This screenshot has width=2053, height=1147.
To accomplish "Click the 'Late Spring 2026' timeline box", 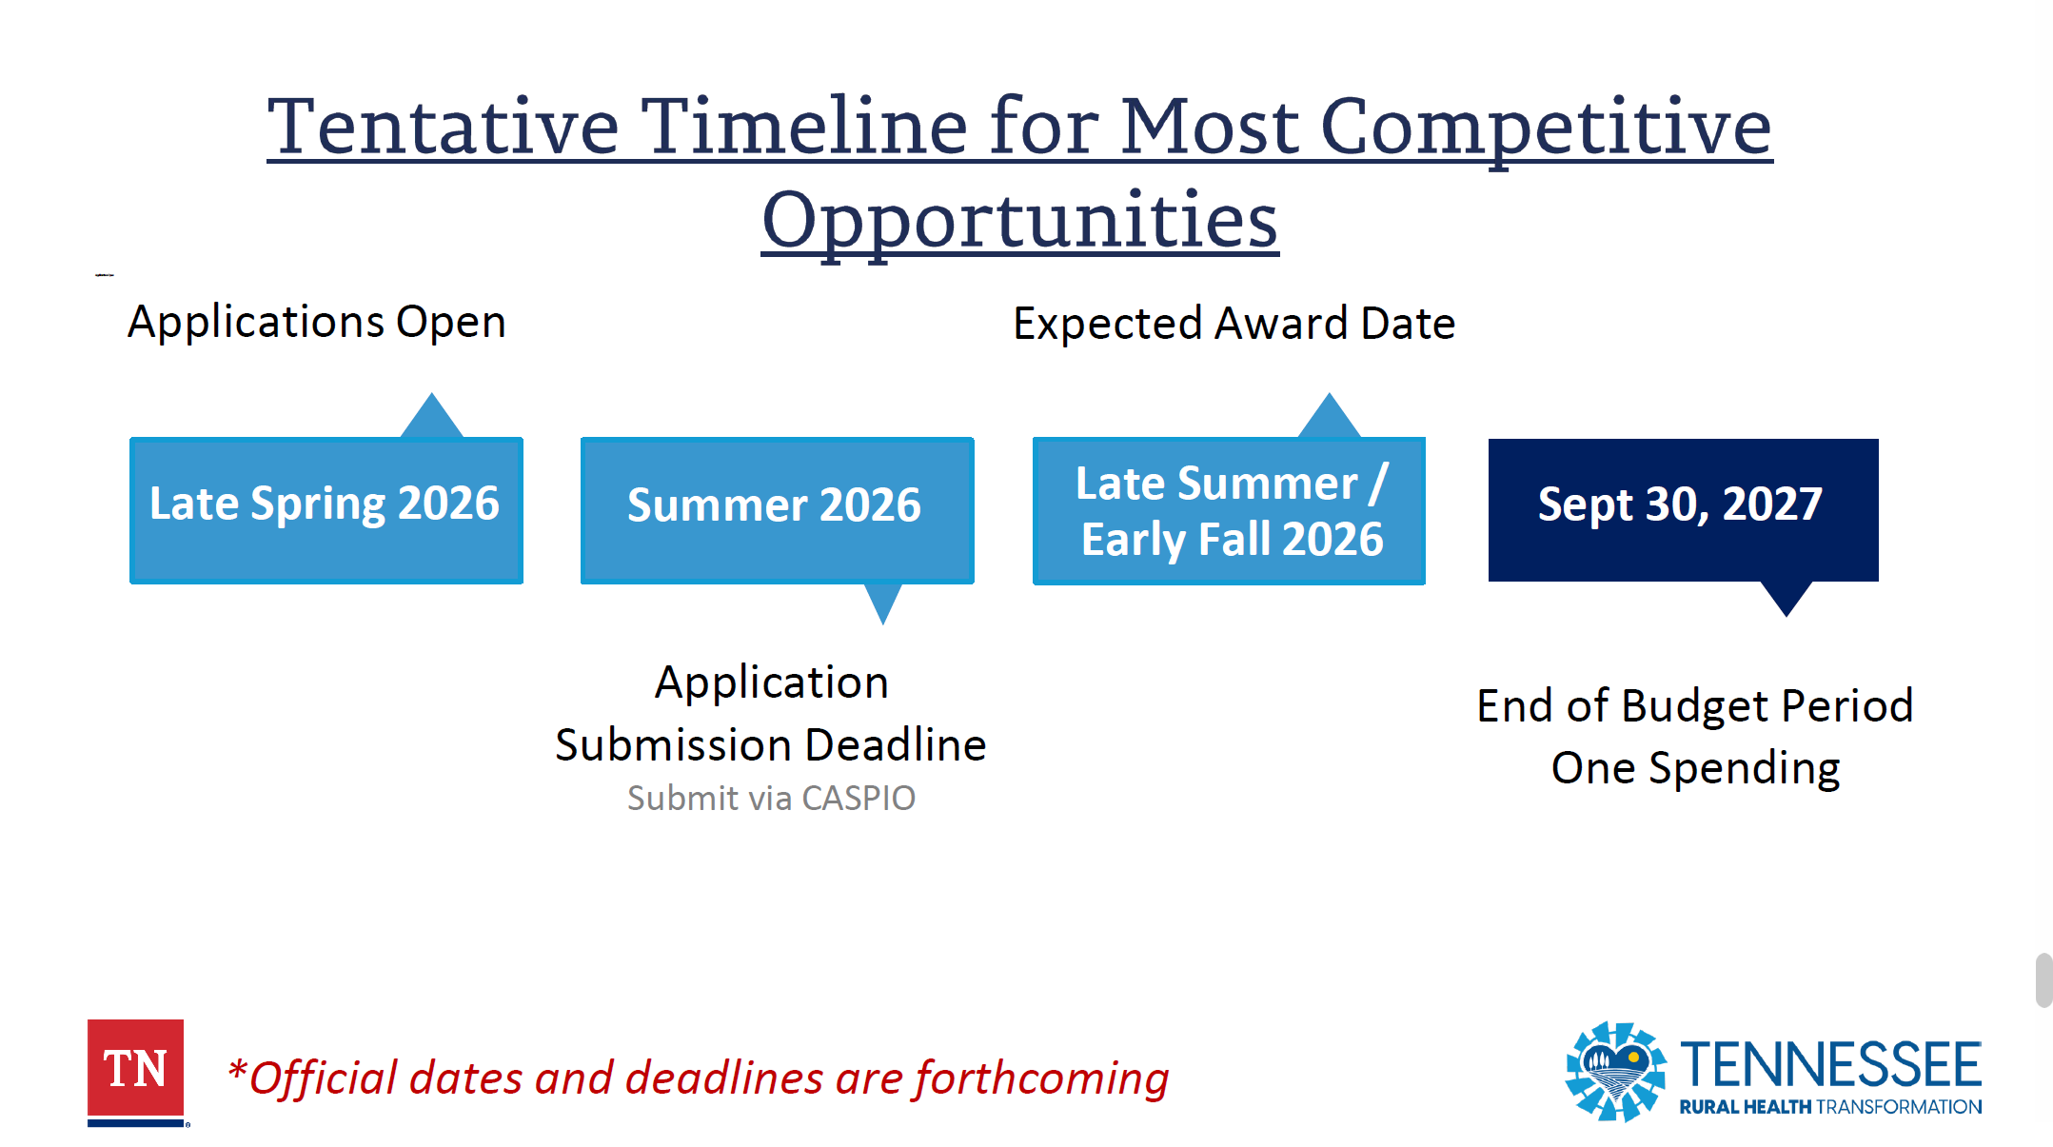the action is (326, 510).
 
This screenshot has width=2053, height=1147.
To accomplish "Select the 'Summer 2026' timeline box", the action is (778, 510).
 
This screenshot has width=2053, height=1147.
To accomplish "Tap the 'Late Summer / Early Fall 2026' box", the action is (1229, 510).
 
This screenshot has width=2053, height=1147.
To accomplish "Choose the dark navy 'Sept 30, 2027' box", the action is (1684, 510).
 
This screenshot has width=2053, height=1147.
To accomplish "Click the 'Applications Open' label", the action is (317, 322).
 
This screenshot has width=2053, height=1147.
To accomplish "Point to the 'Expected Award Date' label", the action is (1234, 324).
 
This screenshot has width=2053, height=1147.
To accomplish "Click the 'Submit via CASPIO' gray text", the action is (771, 798).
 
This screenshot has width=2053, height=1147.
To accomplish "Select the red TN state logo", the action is (136, 1073).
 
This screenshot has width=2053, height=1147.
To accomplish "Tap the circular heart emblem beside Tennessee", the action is (1616, 1072).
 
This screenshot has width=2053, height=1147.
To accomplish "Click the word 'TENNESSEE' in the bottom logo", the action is (1831, 1065).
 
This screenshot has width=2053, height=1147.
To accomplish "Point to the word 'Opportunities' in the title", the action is (1020, 221).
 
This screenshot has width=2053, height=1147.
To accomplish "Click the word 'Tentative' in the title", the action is (444, 127).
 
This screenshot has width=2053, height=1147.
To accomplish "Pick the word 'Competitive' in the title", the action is (1547, 129).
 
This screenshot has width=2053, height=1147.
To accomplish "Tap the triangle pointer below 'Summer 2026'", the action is (883, 601).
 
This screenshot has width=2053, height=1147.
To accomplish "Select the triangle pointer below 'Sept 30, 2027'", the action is (1787, 597).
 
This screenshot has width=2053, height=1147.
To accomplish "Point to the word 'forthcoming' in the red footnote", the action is (1041, 1078).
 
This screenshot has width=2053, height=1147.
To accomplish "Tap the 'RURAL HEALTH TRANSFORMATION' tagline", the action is (1831, 1107).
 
